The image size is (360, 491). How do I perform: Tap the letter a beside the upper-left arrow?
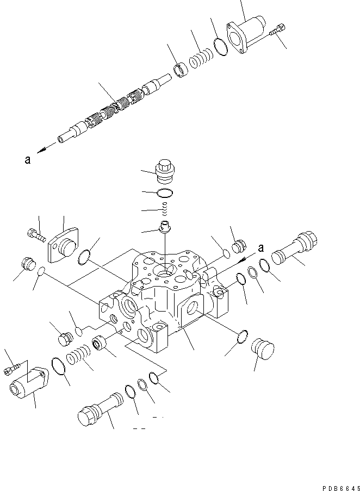(27, 160)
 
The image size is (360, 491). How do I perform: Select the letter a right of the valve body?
(261, 248)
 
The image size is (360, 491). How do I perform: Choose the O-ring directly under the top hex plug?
(164, 193)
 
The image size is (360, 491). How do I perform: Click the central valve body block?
(163, 294)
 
